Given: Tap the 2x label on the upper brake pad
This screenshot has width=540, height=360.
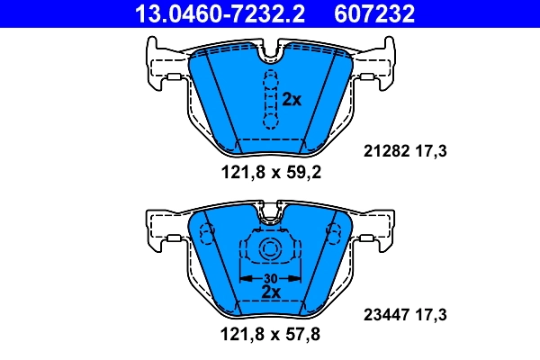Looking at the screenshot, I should pyautogui.click(x=291, y=100).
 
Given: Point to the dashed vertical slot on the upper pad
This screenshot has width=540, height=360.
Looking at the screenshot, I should pyautogui.click(x=268, y=100).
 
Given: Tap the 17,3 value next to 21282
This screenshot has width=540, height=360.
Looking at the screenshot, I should pyautogui.click(x=432, y=152).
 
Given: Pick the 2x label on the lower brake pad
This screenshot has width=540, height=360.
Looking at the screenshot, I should pyautogui.click(x=269, y=292).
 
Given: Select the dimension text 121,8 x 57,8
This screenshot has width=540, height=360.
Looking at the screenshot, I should pyautogui.click(x=270, y=334).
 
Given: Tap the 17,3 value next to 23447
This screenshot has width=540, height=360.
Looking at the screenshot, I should pyautogui.click(x=432, y=315).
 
